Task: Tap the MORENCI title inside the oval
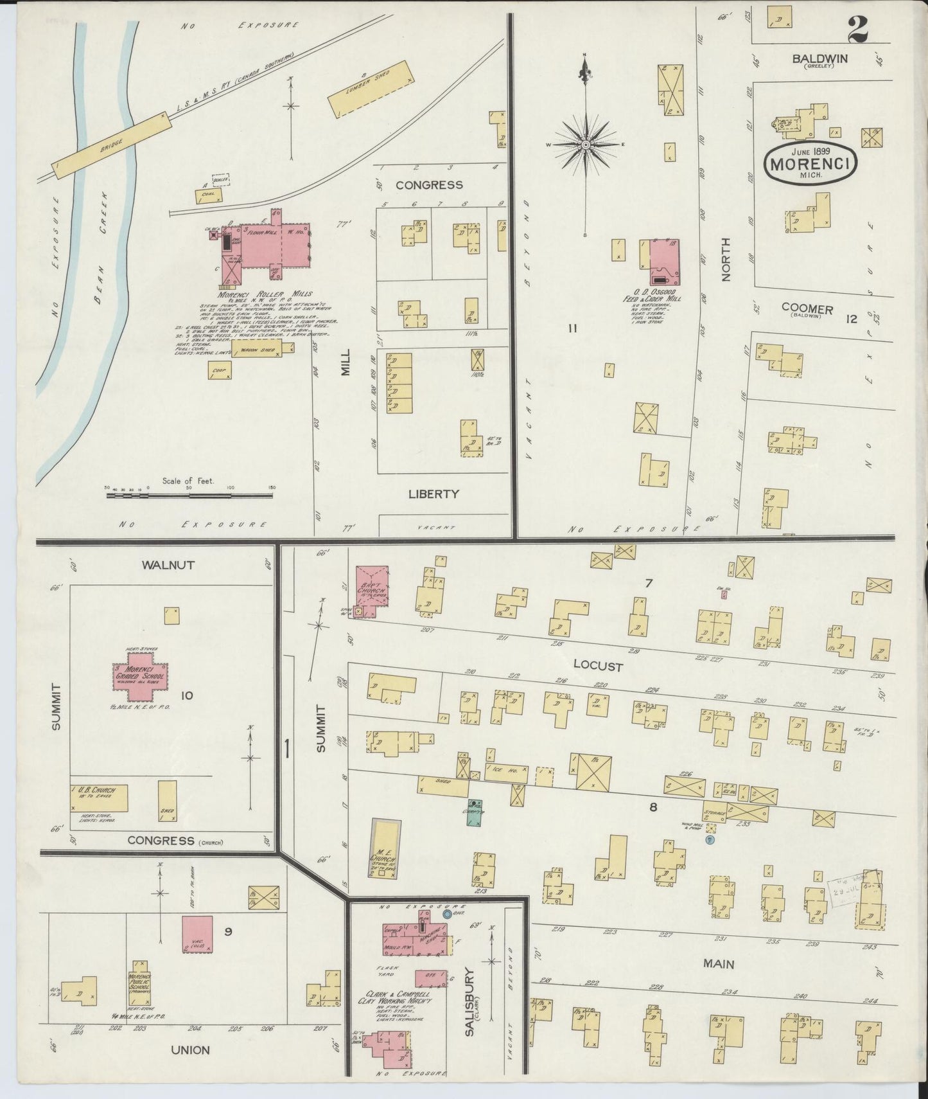tap(810, 163)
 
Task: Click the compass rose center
tap(586, 145)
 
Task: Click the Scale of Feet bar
tap(189, 496)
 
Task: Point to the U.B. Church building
tap(100, 798)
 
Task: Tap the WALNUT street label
tap(169, 565)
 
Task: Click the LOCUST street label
tap(597, 666)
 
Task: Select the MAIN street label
tap(718, 964)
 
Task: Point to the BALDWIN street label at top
tap(819, 58)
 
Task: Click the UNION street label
tap(190, 1050)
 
